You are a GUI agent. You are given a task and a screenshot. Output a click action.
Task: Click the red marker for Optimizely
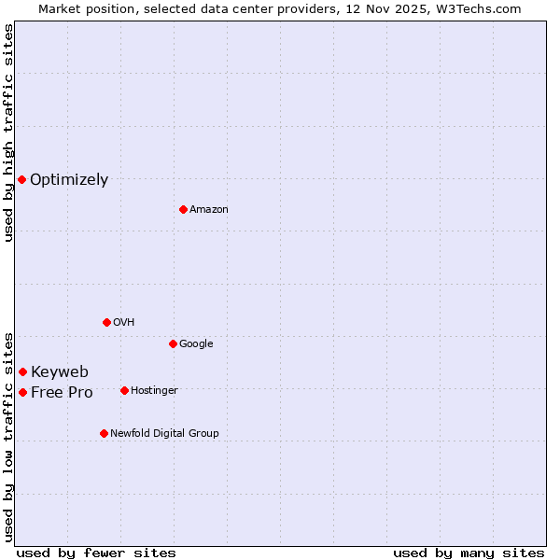(x=21, y=179)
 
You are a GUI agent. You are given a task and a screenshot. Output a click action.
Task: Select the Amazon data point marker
(x=183, y=209)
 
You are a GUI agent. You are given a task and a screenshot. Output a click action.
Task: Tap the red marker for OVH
(x=106, y=322)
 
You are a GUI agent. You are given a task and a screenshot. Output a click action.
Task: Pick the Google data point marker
(x=173, y=343)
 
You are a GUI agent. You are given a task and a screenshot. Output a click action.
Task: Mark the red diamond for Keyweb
(x=22, y=371)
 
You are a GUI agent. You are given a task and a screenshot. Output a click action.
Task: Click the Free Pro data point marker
(x=22, y=392)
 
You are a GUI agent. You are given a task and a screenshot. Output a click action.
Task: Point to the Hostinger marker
(x=124, y=390)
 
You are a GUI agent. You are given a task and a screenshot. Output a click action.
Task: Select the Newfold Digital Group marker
(x=104, y=433)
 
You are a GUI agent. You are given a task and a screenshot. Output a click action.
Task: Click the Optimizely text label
(x=69, y=180)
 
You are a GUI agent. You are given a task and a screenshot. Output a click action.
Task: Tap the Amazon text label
(x=209, y=210)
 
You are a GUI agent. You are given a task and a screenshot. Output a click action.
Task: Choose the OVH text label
(x=124, y=323)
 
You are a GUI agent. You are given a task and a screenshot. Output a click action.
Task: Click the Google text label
(x=196, y=344)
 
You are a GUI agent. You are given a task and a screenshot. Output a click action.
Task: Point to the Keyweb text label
(x=60, y=372)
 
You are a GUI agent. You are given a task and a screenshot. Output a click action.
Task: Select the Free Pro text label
(x=62, y=393)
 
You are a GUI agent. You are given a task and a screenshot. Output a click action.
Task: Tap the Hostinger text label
(x=154, y=391)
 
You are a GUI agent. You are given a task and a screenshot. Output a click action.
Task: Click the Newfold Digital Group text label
(x=164, y=434)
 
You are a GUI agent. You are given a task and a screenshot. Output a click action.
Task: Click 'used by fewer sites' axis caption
(x=96, y=553)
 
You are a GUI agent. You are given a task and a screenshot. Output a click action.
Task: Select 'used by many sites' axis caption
(x=469, y=553)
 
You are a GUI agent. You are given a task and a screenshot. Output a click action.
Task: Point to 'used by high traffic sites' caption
(x=8, y=133)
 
